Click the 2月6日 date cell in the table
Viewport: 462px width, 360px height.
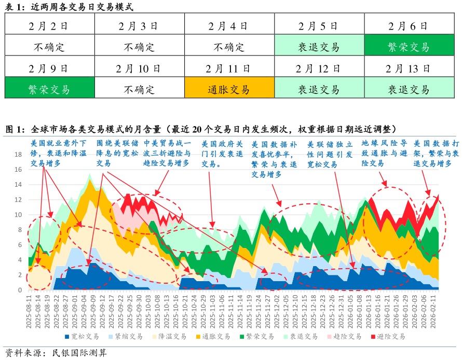409,25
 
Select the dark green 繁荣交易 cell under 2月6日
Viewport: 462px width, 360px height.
409,47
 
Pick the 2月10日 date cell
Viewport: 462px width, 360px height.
139,68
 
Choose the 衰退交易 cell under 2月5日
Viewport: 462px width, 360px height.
319,47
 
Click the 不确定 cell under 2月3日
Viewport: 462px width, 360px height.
139,47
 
